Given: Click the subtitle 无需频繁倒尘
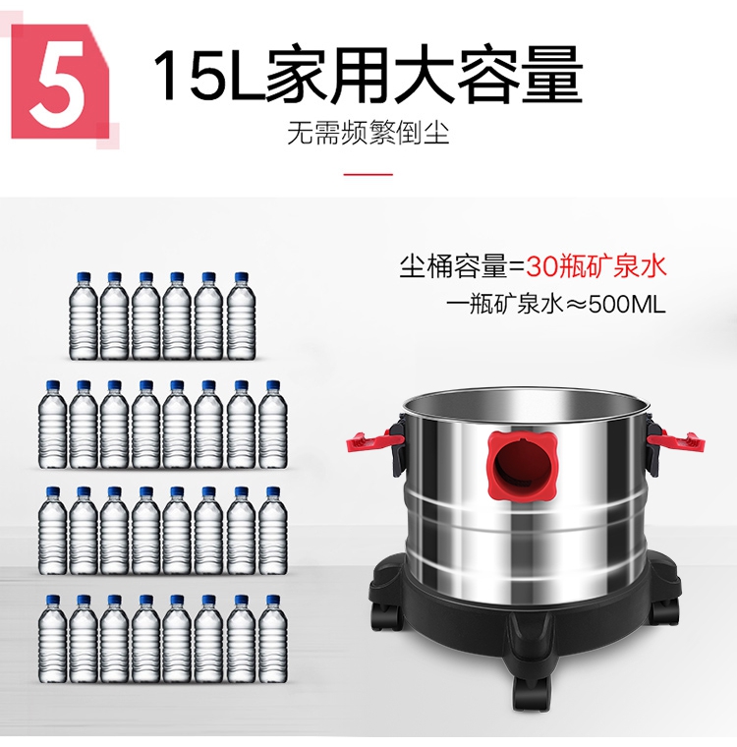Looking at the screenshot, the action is pos(368,133).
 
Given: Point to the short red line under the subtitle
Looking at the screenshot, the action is pos(368,174).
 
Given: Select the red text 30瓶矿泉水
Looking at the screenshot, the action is pos(595,265).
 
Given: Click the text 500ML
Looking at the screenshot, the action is pos(627,304).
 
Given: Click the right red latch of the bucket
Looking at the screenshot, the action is pos(676,439).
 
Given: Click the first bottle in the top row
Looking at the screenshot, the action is pos(84,316).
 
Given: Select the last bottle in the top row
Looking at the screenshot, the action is pos(241,316).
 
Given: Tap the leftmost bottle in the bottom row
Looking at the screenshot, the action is pos(52,639).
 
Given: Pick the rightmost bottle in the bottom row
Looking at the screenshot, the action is pos(273,639).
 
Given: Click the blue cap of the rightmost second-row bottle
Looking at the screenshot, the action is pos(272,385).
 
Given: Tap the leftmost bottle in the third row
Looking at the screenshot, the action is pos(52,531).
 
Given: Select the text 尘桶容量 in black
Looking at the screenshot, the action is pos(454,266).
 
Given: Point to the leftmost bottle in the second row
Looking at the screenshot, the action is pos(52,424).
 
